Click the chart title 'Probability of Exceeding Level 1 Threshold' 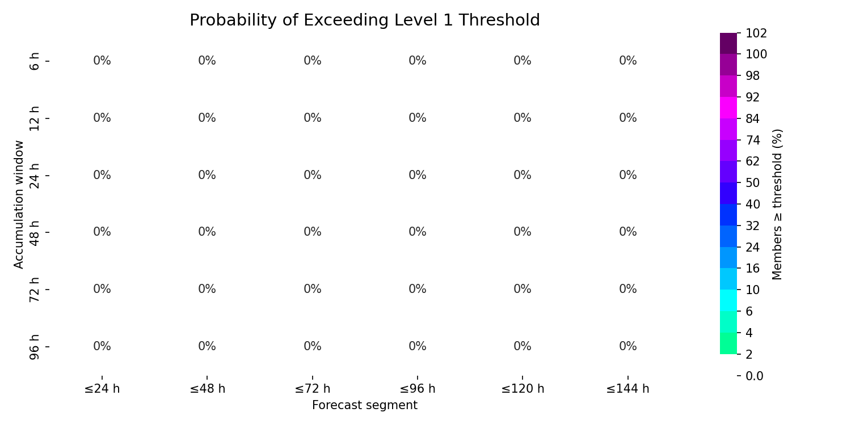click(365, 20)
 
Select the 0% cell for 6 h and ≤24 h click(102, 61)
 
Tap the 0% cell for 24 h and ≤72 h click(312, 175)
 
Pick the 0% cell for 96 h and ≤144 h click(627, 346)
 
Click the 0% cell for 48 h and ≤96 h click(418, 232)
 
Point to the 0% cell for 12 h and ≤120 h click(523, 118)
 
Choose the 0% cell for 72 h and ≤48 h click(207, 289)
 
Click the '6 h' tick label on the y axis click(34, 61)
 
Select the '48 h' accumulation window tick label click(34, 232)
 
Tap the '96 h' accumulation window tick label click(34, 347)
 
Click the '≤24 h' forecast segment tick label click(102, 389)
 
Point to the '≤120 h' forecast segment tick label click(523, 389)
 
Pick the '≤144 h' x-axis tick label click(627, 389)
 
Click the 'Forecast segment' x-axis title click(365, 405)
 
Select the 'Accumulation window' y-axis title click(18, 205)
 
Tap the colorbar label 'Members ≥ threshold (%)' click(777, 205)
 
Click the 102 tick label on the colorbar click(756, 33)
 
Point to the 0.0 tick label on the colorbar click(755, 376)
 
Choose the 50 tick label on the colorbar click(753, 183)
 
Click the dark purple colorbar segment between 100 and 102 click(728, 44)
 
